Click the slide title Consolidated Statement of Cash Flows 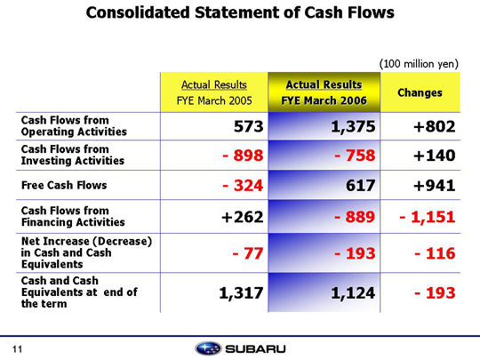[x=240, y=12]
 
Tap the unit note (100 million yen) [x=419, y=64]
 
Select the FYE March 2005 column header [x=214, y=92]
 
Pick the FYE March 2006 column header [x=324, y=92]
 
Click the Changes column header [x=420, y=92]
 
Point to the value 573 [x=249, y=126]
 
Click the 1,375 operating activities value [x=353, y=126]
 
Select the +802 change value [x=435, y=126]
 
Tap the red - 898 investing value [x=243, y=156]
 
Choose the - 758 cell [x=355, y=156]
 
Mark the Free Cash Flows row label [x=64, y=185]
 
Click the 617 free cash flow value [x=361, y=185]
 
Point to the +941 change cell [x=435, y=185]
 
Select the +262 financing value [x=242, y=217]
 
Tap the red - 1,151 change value [x=428, y=217]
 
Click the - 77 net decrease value [x=248, y=253]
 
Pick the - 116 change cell [x=435, y=253]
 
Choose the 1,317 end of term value [x=241, y=293]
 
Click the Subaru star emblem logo [x=208, y=348]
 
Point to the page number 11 [x=18, y=349]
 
